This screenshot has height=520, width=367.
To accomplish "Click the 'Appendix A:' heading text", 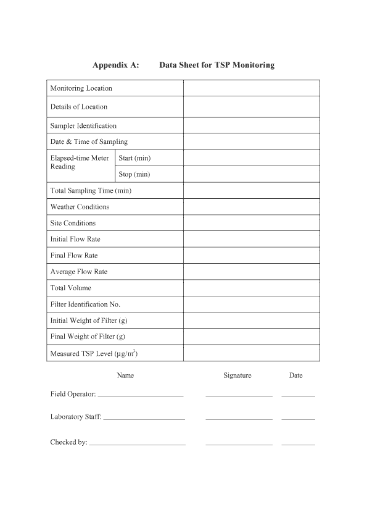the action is [116, 65].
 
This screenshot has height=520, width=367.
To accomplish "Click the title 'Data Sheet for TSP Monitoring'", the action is [216, 65].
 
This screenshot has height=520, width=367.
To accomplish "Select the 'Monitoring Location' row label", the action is [81, 88].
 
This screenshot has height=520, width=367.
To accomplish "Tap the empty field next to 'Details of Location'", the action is [251, 107].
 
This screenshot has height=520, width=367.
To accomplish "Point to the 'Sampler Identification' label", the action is [83, 126].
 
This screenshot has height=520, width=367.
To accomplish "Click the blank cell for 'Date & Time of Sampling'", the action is [251, 142].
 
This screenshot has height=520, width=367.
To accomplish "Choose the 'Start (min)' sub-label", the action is [134, 158].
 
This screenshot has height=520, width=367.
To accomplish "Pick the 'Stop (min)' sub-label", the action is [134, 174].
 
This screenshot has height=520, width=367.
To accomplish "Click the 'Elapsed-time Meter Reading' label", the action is [80, 162].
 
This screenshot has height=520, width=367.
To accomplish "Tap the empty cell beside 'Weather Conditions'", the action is [251, 207].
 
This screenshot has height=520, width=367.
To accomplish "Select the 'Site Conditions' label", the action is [73, 223].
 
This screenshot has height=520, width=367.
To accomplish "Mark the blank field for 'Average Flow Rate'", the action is [251, 272].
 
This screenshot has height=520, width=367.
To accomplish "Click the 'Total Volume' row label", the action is [70, 288].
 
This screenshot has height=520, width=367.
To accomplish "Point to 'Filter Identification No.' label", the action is [85, 304].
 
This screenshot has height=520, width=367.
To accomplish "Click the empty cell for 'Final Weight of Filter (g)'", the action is [251, 337].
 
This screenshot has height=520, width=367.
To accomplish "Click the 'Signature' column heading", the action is [237, 375].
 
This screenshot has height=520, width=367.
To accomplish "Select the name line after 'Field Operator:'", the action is [141, 395].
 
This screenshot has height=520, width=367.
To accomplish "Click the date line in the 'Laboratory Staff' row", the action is [298, 418].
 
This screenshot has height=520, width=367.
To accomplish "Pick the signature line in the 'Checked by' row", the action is [239, 443].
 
